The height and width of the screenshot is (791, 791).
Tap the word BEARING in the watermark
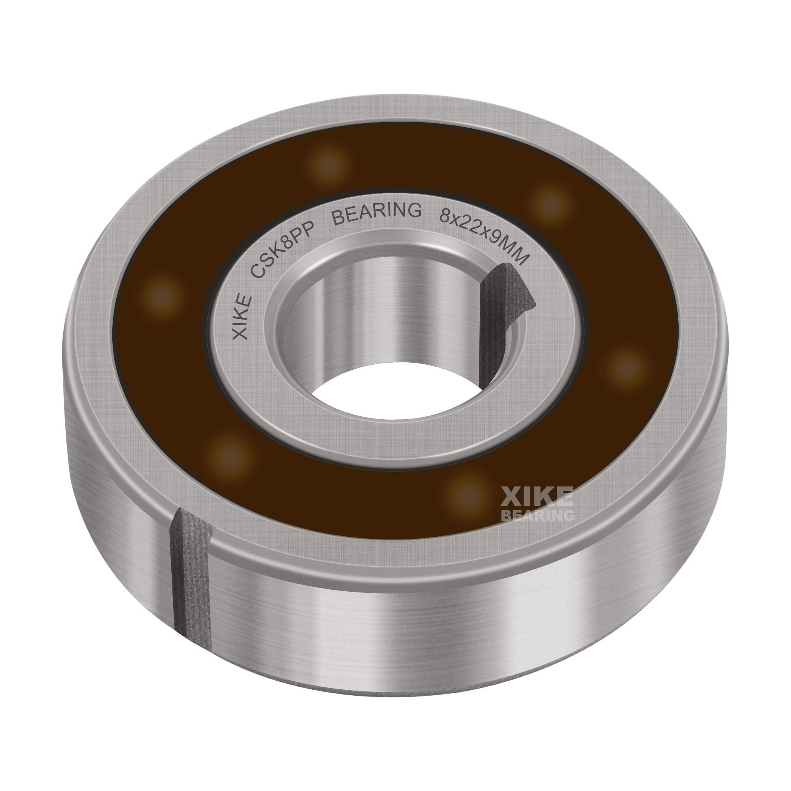537,515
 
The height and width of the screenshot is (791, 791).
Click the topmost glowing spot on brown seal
327,165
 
